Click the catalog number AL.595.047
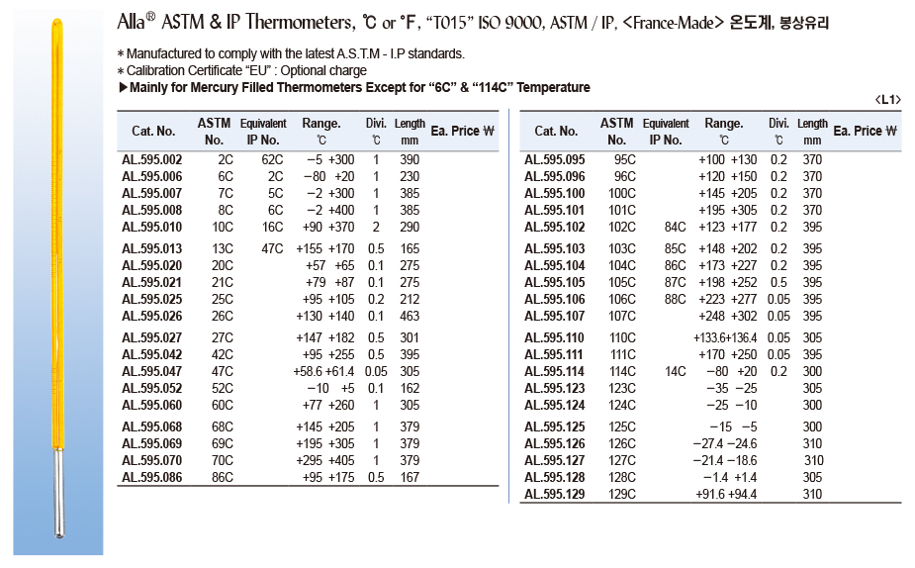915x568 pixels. click(x=151, y=371)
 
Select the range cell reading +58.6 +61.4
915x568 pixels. click(x=324, y=371)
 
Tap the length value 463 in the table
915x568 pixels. click(x=410, y=316)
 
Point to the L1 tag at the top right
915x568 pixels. click(x=887, y=100)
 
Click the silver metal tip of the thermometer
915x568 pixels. click(x=58, y=501)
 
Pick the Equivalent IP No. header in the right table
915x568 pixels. click(x=666, y=132)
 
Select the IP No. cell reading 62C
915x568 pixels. click(x=272, y=160)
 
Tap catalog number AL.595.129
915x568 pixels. click(x=554, y=494)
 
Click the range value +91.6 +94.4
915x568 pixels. click(x=727, y=494)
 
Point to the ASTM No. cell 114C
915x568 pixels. click(x=623, y=371)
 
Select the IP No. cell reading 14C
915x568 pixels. click(x=676, y=371)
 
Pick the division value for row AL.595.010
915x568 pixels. click(x=375, y=228)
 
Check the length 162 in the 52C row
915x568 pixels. click(x=410, y=388)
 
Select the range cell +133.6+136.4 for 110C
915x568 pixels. click(x=727, y=337)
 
